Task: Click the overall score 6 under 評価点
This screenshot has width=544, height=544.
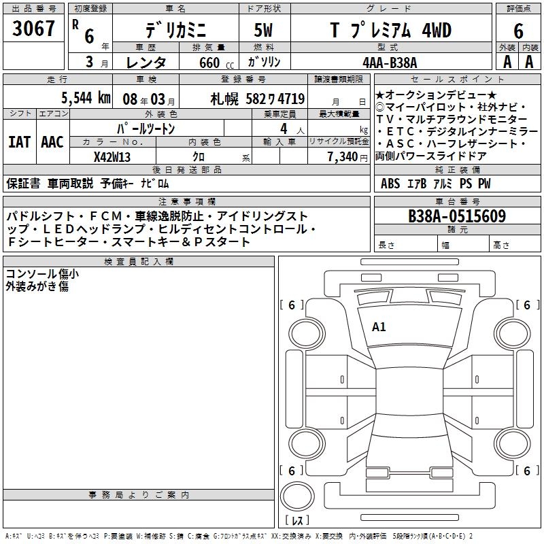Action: pos(518,31)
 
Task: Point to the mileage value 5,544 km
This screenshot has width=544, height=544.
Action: pos(86,98)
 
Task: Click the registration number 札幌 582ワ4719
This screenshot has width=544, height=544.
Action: pos(258,99)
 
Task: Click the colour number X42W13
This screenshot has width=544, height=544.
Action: pos(112,156)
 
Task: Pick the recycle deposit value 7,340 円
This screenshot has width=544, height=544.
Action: pos(338,156)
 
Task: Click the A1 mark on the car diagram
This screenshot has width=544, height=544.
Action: pos(379,327)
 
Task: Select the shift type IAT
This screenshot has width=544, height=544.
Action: pos(18,142)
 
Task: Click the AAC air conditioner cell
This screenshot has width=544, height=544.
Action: pos(52,142)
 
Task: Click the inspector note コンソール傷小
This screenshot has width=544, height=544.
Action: pos(42,274)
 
